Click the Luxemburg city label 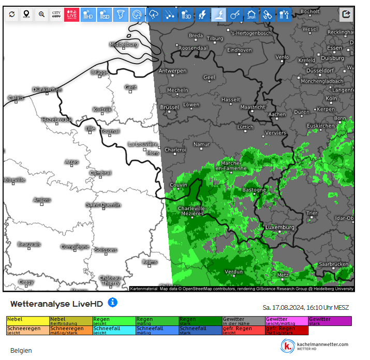(x=279, y=228)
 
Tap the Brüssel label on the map (x=169, y=108)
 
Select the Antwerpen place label (x=172, y=71)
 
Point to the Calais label (x=16, y=98)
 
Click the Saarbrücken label (x=333, y=264)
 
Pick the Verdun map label (x=234, y=272)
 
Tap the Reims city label (x=150, y=262)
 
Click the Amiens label (x=42, y=200)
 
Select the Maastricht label (x=253, y=107)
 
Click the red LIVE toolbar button (x=71, y=14)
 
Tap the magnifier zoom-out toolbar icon (x=41, y=14)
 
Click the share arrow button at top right (x=346, y=14)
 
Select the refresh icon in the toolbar (x=11, y=14)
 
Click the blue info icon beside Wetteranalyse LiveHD (x=112, y=302)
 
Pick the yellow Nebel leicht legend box (x=28, y=321)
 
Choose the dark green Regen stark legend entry (x=200, y=321)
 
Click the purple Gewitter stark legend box (x=330, y=321)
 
